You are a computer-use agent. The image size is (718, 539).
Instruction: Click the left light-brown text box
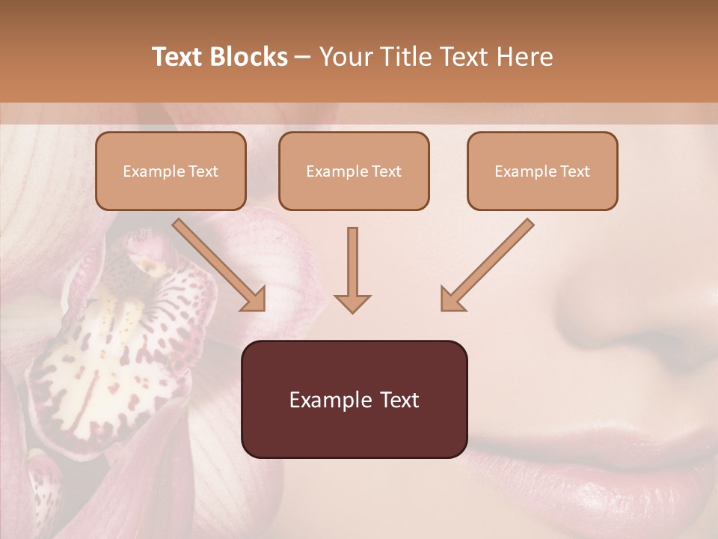tap(171, 171)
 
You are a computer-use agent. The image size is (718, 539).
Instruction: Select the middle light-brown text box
tap(354, 171)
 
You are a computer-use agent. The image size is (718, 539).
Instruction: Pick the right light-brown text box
tap(542, 171)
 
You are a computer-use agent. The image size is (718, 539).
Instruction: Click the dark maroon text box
tap(354, 399)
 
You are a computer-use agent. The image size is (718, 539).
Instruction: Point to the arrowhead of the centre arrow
tap(352, 302)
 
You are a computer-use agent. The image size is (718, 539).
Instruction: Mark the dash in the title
tap(303, 57)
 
